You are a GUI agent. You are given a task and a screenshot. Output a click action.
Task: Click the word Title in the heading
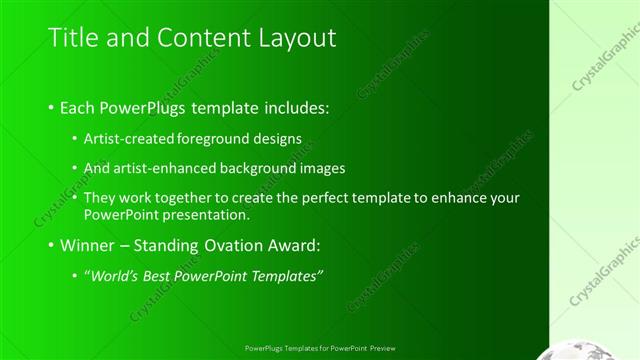pos(73,38)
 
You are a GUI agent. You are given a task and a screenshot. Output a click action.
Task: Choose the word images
pos(324,168)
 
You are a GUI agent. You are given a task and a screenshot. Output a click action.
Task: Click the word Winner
pos(87,245)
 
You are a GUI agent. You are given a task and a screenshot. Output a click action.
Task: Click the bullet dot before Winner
pos(51,245)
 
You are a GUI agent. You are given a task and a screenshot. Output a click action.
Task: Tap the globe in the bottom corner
pos(597,349)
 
